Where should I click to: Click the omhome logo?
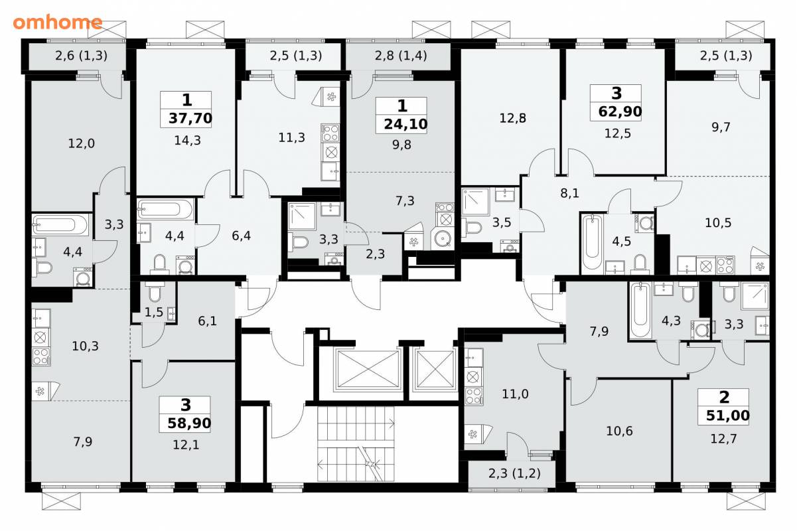58,23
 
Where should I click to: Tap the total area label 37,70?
190,118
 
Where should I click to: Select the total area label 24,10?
405,124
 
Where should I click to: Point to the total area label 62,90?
620,112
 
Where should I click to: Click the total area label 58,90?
189,423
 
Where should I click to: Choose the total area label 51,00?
727,416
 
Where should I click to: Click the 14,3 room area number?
188,141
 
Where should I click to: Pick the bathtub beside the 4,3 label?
640,309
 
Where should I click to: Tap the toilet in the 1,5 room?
155,293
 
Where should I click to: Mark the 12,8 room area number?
513,118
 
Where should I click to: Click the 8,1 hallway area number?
569,193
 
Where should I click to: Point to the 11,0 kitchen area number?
515,394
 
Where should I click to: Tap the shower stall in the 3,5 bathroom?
476,202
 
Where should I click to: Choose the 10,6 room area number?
619,431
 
